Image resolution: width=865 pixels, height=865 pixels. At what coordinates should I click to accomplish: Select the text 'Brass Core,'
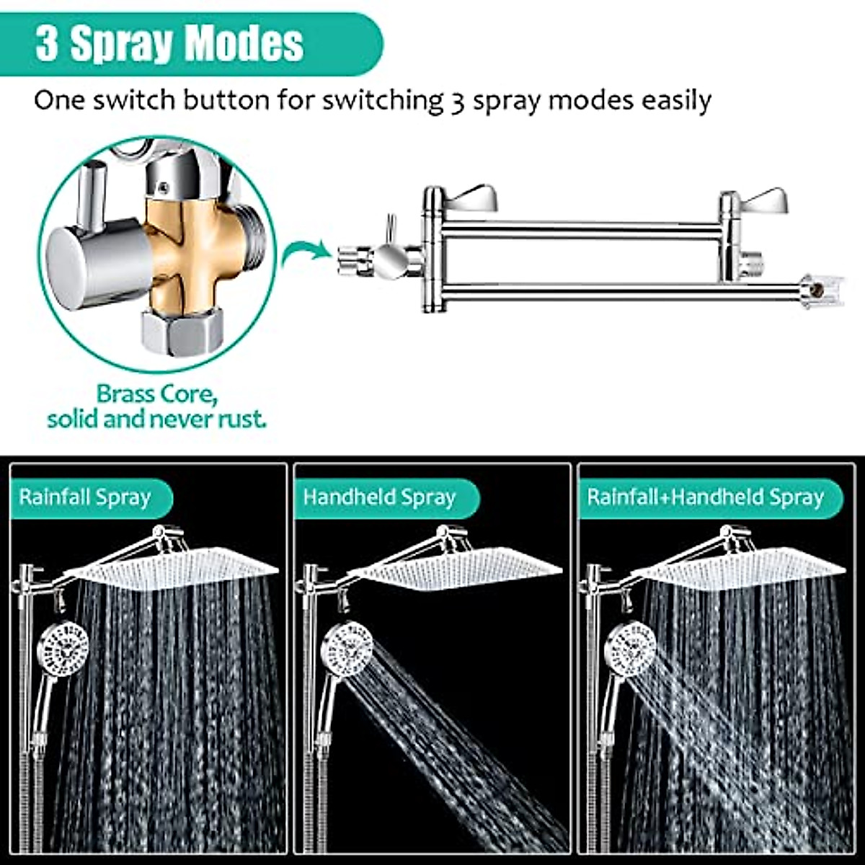tap(157, 394)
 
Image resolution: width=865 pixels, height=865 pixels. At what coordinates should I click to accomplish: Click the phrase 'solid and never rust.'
tap(156, 419)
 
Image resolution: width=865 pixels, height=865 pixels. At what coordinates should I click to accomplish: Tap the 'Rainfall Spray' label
tap(85, 497)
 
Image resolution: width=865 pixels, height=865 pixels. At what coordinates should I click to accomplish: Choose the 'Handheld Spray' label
tap(379, 497)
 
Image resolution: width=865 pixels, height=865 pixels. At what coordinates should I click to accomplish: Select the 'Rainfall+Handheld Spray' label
tap(705, 497)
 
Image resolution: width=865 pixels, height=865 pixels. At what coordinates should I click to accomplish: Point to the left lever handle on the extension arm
tap(472, 196)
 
